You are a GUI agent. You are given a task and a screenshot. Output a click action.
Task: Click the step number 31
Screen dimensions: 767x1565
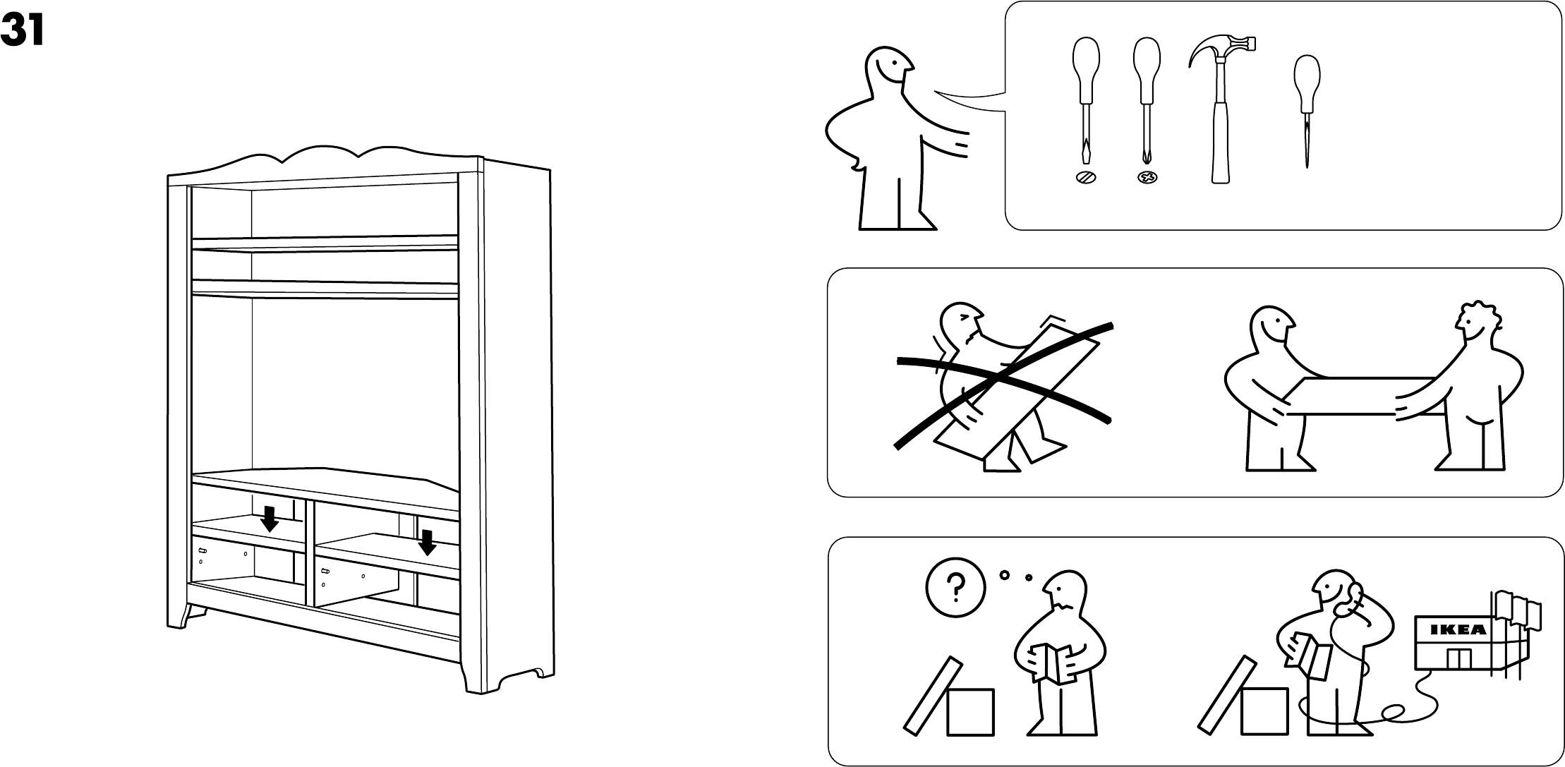click(x=23, y=31)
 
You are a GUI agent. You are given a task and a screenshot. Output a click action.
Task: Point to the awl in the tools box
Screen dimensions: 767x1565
click(x=1307, y=106)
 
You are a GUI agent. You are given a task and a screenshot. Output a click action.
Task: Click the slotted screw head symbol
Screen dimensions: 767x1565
click(x=1086, y=178)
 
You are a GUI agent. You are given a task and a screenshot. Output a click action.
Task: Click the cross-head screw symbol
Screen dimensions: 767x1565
click(x=1147, y=178)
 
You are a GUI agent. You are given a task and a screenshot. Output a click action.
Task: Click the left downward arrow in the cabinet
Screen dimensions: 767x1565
click(x=269, y=519)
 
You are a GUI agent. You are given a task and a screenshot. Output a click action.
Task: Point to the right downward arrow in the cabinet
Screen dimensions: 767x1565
click(x=426, y=543)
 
